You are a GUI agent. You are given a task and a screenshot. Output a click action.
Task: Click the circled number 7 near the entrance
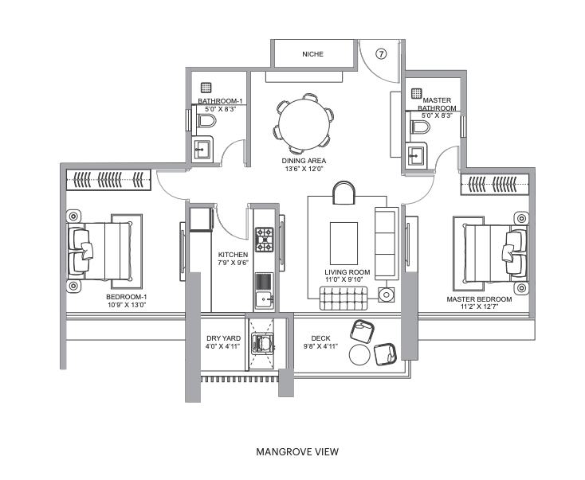380,54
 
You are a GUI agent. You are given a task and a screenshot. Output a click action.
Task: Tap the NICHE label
312,54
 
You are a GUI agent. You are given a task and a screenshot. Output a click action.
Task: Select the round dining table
304,124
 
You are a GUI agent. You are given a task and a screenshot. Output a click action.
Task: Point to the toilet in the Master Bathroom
421,127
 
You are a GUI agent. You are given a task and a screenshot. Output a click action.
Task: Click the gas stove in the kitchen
264,240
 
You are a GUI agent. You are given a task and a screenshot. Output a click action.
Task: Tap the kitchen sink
264,299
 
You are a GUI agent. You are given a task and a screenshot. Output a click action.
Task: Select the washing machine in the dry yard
262,343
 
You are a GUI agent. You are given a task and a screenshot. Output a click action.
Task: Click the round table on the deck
359,355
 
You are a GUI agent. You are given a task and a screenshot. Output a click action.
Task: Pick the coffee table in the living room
344,244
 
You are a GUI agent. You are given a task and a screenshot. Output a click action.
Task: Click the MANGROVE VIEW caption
297,452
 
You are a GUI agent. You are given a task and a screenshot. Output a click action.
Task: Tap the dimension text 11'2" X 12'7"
480,306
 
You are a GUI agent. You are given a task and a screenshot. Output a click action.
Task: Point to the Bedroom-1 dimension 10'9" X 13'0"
127,304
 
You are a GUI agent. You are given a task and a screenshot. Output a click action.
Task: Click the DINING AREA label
304,161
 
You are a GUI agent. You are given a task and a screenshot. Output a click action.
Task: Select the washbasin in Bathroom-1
202,149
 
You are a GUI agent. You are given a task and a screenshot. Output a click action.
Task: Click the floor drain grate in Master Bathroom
417,93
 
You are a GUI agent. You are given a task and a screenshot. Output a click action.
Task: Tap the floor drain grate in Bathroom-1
206,88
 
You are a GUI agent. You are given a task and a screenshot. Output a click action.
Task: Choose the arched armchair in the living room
344,193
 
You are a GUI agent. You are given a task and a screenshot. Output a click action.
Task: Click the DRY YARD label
223,338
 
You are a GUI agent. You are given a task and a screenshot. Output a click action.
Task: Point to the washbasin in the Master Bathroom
416,155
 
